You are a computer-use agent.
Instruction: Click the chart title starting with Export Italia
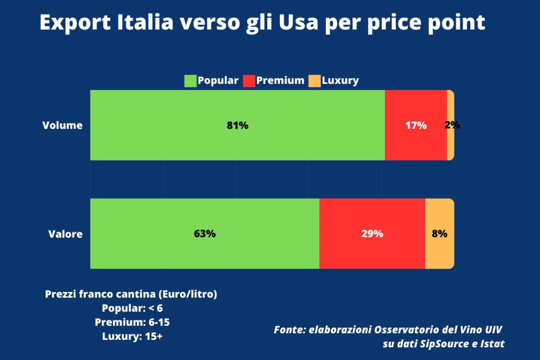tap(262, 22)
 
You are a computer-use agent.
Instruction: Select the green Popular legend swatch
tap(190, 81)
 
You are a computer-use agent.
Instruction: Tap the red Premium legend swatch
tap(249, 81)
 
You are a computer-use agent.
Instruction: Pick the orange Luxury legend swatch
tap(315, 81)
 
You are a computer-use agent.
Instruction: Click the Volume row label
tap(63, 126)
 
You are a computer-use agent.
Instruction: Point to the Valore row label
tap(66, 234)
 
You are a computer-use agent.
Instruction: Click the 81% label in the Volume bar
tap(238, 126)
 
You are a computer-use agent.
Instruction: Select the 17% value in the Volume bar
tap(415, 126)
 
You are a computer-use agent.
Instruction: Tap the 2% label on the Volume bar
tap(452, 126)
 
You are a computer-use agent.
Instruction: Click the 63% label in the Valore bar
tap(205, 234)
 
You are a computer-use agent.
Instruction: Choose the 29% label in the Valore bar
tap(372, 234)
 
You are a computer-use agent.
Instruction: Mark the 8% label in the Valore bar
tap(439, 234)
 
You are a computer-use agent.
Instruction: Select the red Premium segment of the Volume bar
tap(415, 144)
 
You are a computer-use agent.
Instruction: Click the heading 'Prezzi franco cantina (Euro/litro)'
tap(131, 294)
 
